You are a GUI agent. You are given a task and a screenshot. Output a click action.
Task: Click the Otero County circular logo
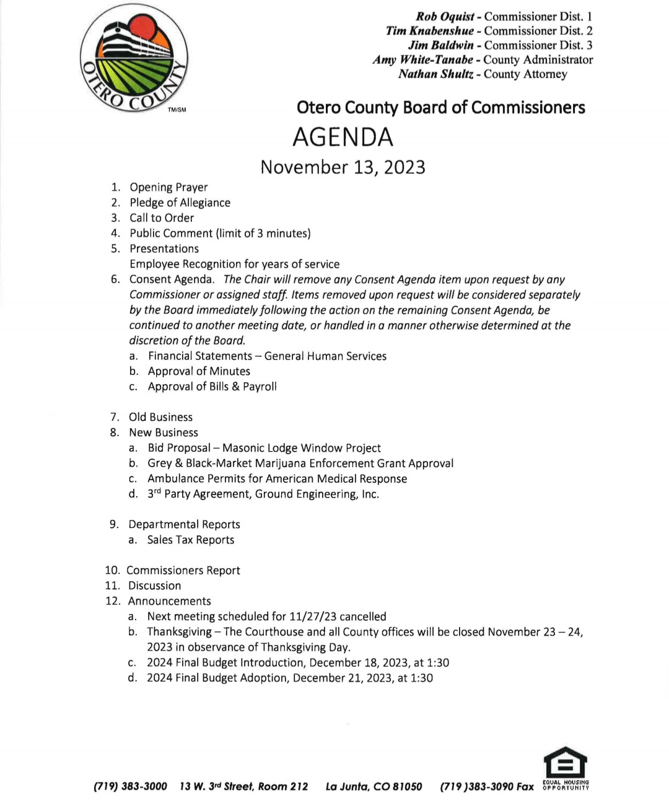(x=134, y=58)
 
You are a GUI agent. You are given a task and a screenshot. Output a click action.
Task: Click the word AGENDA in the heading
(x=343, y=137)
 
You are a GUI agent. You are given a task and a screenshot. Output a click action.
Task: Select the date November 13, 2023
(x=343, y=167)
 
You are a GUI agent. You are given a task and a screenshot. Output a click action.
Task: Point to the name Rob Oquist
(x=445, y=17)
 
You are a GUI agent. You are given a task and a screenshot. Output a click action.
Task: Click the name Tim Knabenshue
(x=430, y=31)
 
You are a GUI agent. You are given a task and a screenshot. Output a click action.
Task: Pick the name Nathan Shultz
(x=436, y=74)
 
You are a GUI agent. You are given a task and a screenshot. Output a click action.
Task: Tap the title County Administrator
(x=538, y=60)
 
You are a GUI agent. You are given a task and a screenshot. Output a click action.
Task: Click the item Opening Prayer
(x=168, y=187)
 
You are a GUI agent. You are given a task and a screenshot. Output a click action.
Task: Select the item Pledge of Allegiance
(x=180, y=203)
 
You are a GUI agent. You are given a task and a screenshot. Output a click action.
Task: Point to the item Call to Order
(x=162, y=218)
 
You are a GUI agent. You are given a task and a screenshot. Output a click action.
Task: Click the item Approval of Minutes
(x=199, y=371)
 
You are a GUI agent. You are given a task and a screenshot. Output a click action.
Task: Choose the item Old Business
(x=160, y=417)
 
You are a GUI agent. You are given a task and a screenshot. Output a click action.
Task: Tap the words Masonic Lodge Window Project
(x=302, y=448)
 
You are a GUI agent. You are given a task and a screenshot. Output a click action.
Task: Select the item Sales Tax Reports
(x=191, y=540)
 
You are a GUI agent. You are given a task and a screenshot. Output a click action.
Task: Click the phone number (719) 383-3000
(x=130, y=786)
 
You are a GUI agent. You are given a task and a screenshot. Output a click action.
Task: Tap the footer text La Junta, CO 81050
(x=374, y=786)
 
